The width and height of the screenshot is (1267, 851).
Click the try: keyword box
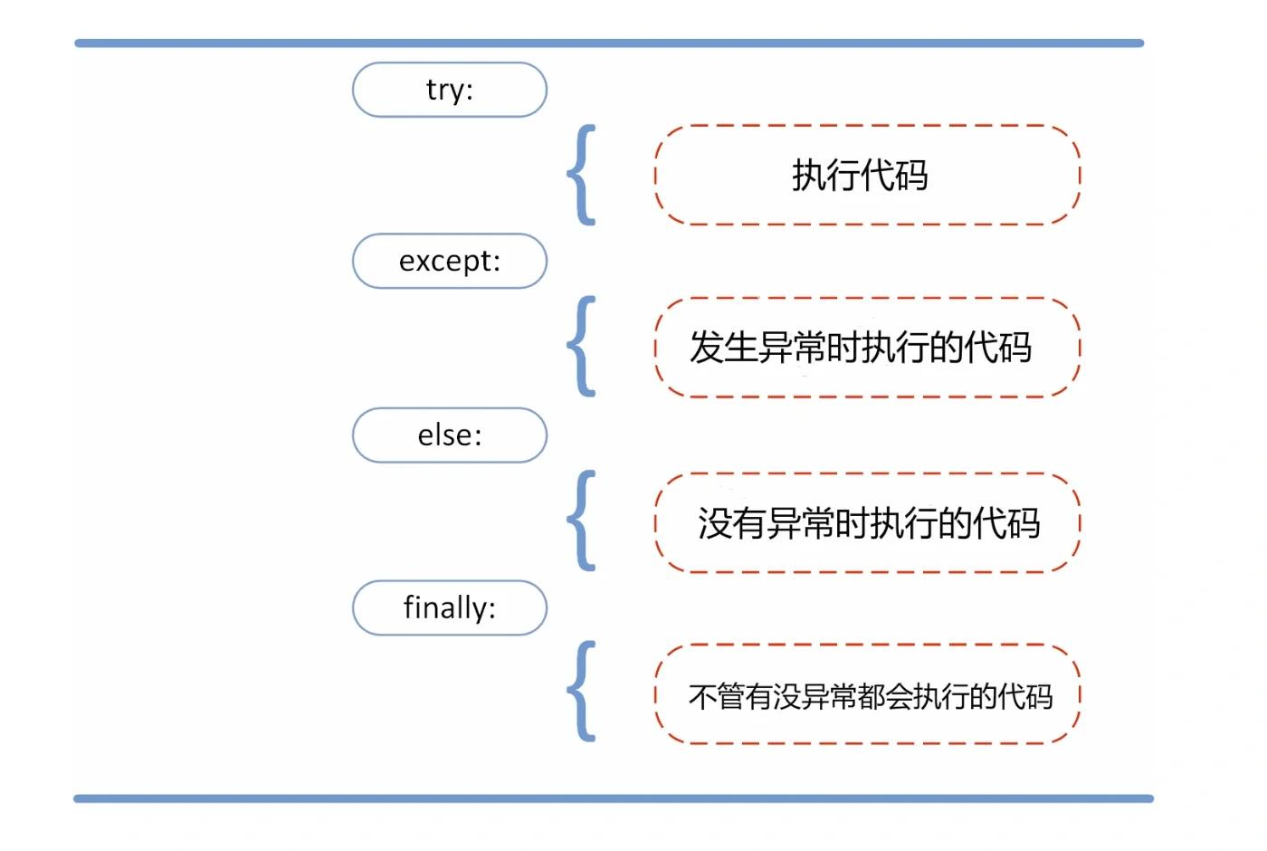click(450, 90)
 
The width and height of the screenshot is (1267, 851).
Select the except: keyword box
click(450, 261)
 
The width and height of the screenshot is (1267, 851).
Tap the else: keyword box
click(450, 435)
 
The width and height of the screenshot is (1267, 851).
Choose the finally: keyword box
click(450, 607)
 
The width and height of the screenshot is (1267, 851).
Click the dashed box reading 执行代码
click(867, 175)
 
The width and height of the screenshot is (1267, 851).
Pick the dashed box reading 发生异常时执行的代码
click(867, 347)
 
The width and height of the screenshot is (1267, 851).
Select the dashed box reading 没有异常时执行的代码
click(867, 522)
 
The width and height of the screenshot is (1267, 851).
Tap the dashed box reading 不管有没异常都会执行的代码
click(867, 694)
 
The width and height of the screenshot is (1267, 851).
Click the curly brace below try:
click(582, 175)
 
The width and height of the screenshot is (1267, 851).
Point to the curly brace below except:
click(582, 347)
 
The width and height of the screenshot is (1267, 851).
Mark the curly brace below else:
click(582, 521)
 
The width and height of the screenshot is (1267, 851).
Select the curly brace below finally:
click(582, 692)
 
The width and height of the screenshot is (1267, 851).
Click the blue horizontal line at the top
click(609, 43)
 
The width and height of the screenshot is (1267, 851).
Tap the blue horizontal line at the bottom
click(614, 798)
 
